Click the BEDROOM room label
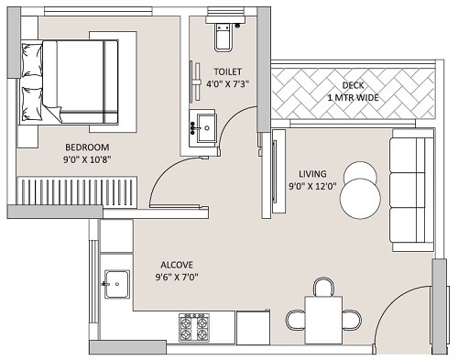pos(87,147)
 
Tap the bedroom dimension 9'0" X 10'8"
pos(87,160)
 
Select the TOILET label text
pos(229,71)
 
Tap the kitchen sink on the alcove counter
pos(116,284)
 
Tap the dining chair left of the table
pos(296,320)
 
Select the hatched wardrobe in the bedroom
pos(73,191)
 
